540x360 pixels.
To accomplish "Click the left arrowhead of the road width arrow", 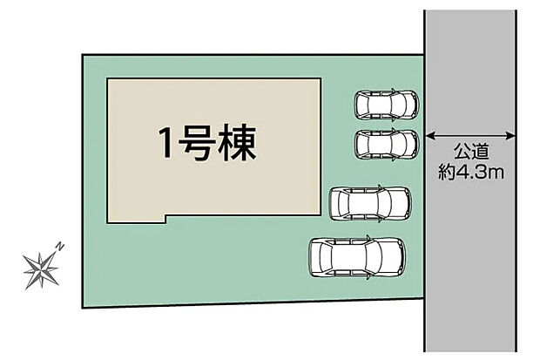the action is (429, 135).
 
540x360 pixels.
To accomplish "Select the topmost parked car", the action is (386, 104).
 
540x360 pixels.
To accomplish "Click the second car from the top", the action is (386, 142).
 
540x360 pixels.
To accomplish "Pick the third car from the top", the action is (370, 203).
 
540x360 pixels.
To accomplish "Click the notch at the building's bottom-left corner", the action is (164, 218).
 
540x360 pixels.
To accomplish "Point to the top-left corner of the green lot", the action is (83, 55).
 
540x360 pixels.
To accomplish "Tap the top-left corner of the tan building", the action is (107, 79).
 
